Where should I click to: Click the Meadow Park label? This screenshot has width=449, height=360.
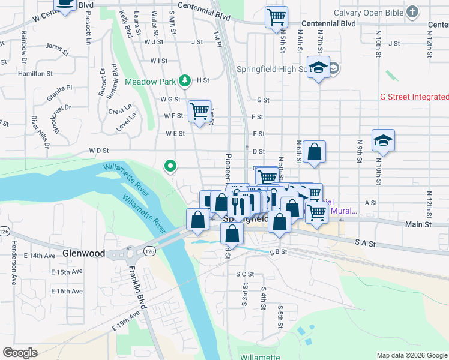(x=150, y=82)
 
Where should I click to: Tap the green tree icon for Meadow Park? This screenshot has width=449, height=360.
(x=186, y=80)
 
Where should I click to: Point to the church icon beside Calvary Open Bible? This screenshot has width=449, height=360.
(x=412, y=11)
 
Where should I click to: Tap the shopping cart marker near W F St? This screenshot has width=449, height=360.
(x=199, y=111)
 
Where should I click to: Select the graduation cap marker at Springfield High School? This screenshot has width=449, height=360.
(x=318, y=67)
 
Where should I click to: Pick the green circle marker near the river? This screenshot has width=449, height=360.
(x=171, y=166)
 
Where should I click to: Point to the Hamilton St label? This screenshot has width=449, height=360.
(x=35, y=73)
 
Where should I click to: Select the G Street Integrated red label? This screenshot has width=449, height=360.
(x=414, y=97)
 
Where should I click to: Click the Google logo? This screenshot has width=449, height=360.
(x=20, y=353)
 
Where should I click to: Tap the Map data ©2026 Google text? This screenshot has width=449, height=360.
(x=411, y=355)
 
